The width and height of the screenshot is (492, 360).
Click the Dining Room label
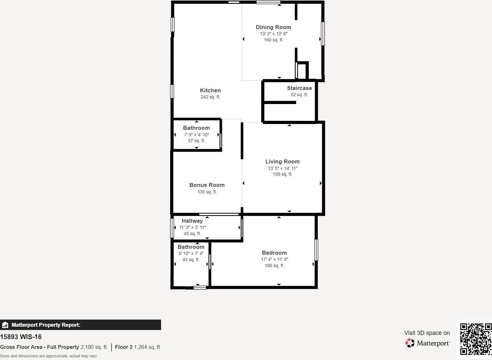pos(274,27)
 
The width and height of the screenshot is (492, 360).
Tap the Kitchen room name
pos(210,90)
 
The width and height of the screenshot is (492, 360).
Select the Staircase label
pos(299,88)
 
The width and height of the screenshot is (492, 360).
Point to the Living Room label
pos(282,161)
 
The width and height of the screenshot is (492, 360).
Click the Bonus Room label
pos(207,185)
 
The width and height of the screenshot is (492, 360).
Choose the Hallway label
pos(192,221)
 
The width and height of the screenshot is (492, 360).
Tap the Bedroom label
pos(274,253)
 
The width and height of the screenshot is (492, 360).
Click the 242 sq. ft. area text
pos(210,97)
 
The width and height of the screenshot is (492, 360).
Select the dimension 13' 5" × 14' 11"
pos(282,168)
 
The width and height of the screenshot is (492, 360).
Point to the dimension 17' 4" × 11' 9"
pos(274,259)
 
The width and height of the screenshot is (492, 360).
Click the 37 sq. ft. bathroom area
pos(196,141)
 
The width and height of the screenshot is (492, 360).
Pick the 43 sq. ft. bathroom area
pos(191,260)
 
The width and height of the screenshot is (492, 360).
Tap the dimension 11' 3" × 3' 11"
pos(192,227)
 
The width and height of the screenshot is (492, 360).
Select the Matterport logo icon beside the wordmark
pos(410,343)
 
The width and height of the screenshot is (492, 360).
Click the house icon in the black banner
pos(5,325)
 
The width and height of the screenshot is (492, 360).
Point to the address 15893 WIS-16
pos(21,337)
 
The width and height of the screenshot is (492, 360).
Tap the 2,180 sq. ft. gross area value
pos(94,347)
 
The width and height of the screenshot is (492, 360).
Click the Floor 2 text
pos(124,347)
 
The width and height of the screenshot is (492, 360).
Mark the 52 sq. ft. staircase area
pos(299,95)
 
